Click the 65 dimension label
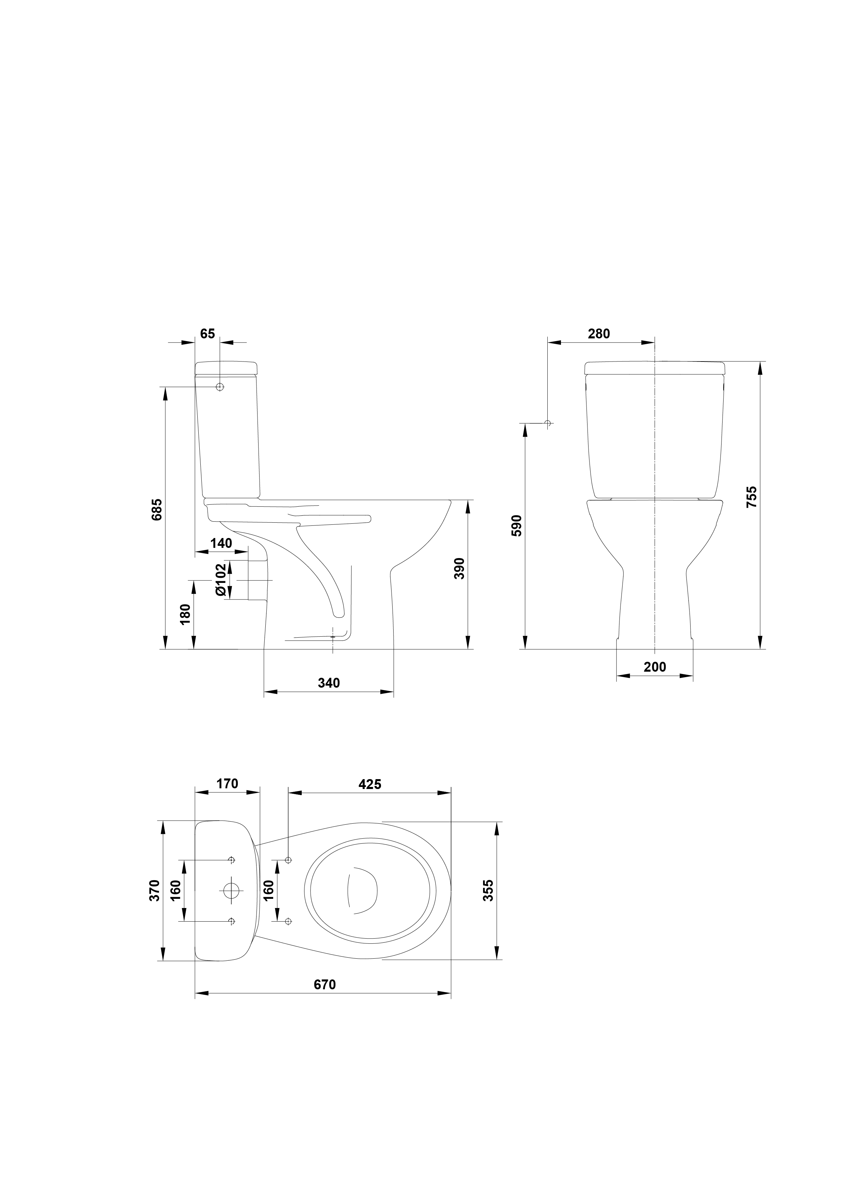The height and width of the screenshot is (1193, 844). pyautogui.click(x=208, y=334)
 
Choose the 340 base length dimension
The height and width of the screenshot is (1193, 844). pyautogui.click(x=329, y=683)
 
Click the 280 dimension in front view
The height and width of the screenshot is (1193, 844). pyautogui.click(x=599, y=334)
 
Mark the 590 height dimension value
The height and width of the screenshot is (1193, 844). pyautogui.click(x=516, y=526)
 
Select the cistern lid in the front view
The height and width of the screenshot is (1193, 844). pyautogui.click(x=655, y=367)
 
